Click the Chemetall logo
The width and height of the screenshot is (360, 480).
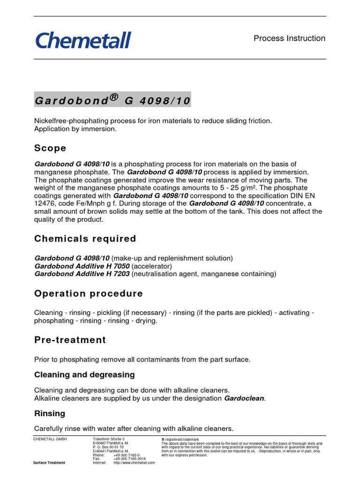coord(83,40)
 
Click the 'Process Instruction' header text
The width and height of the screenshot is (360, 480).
coord(289,38)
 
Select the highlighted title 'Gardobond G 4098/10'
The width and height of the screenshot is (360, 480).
coord(112,100)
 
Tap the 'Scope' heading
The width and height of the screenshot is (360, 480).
coord(50,148)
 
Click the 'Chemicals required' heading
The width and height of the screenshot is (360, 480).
coord(85,239)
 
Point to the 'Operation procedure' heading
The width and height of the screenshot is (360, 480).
coord(89,293)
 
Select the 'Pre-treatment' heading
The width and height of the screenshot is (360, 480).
coord(70,340)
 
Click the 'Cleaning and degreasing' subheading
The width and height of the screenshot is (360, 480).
coord(84,375)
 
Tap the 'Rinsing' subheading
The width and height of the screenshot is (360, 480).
coord(50,413)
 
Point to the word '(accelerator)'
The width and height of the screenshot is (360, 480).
coord(151,266)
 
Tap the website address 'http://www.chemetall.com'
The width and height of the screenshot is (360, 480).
coord(134,463)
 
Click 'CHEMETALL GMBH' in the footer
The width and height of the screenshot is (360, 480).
coord(50,439)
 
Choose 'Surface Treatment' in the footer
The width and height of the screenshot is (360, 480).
coord(49,463)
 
